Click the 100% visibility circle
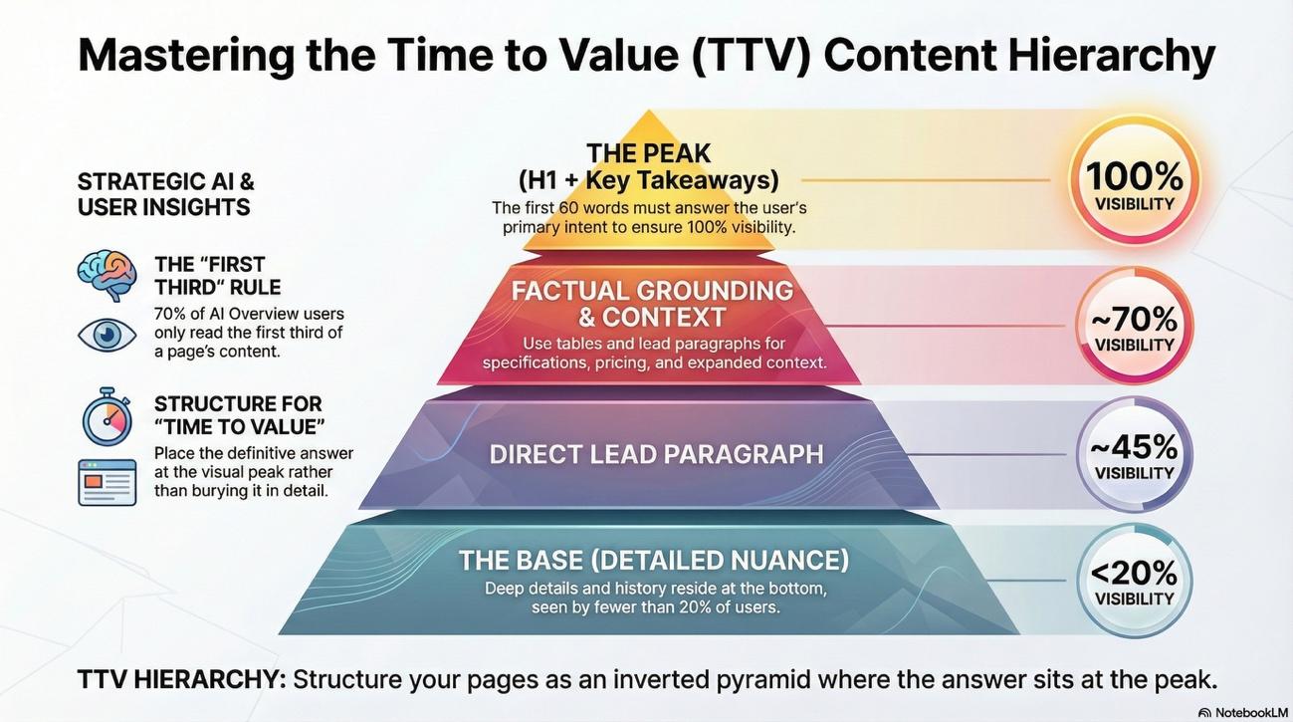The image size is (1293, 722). pos(1134,181)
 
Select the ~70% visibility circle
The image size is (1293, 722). pos(1134,326)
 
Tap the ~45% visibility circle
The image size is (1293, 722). pos(1134,454)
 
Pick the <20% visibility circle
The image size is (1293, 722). pos(1134,581)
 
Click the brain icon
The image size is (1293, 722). pos(107,275)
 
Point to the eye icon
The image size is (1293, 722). pos(107,334)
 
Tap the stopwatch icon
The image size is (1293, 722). pos(107,418)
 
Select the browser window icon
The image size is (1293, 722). pos(107,482)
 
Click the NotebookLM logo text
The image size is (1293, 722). pos(1245,712)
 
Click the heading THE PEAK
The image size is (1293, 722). pos(648,153)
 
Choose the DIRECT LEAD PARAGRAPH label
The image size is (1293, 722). pos(656,454)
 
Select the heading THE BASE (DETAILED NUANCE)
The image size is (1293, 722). pos(654,560)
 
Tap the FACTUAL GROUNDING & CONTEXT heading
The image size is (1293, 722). pos(652,304)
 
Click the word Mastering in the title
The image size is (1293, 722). pos(186,55)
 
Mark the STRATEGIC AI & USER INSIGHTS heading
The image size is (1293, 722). pos(165,194)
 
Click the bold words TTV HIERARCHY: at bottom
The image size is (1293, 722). pos(181,680)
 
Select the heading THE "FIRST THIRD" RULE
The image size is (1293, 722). pos(217,276)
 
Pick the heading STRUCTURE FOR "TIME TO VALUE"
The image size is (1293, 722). pos(239,415)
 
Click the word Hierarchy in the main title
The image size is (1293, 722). pos(1111,55)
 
